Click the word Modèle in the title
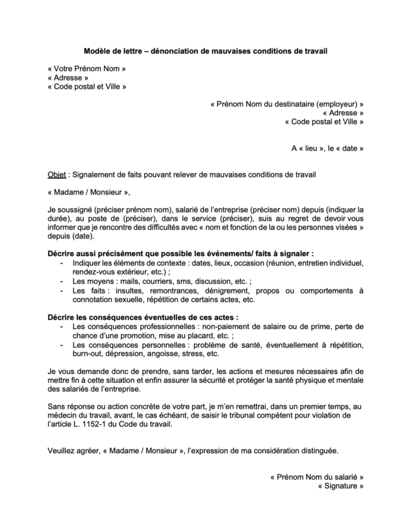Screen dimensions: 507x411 [98, 51]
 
